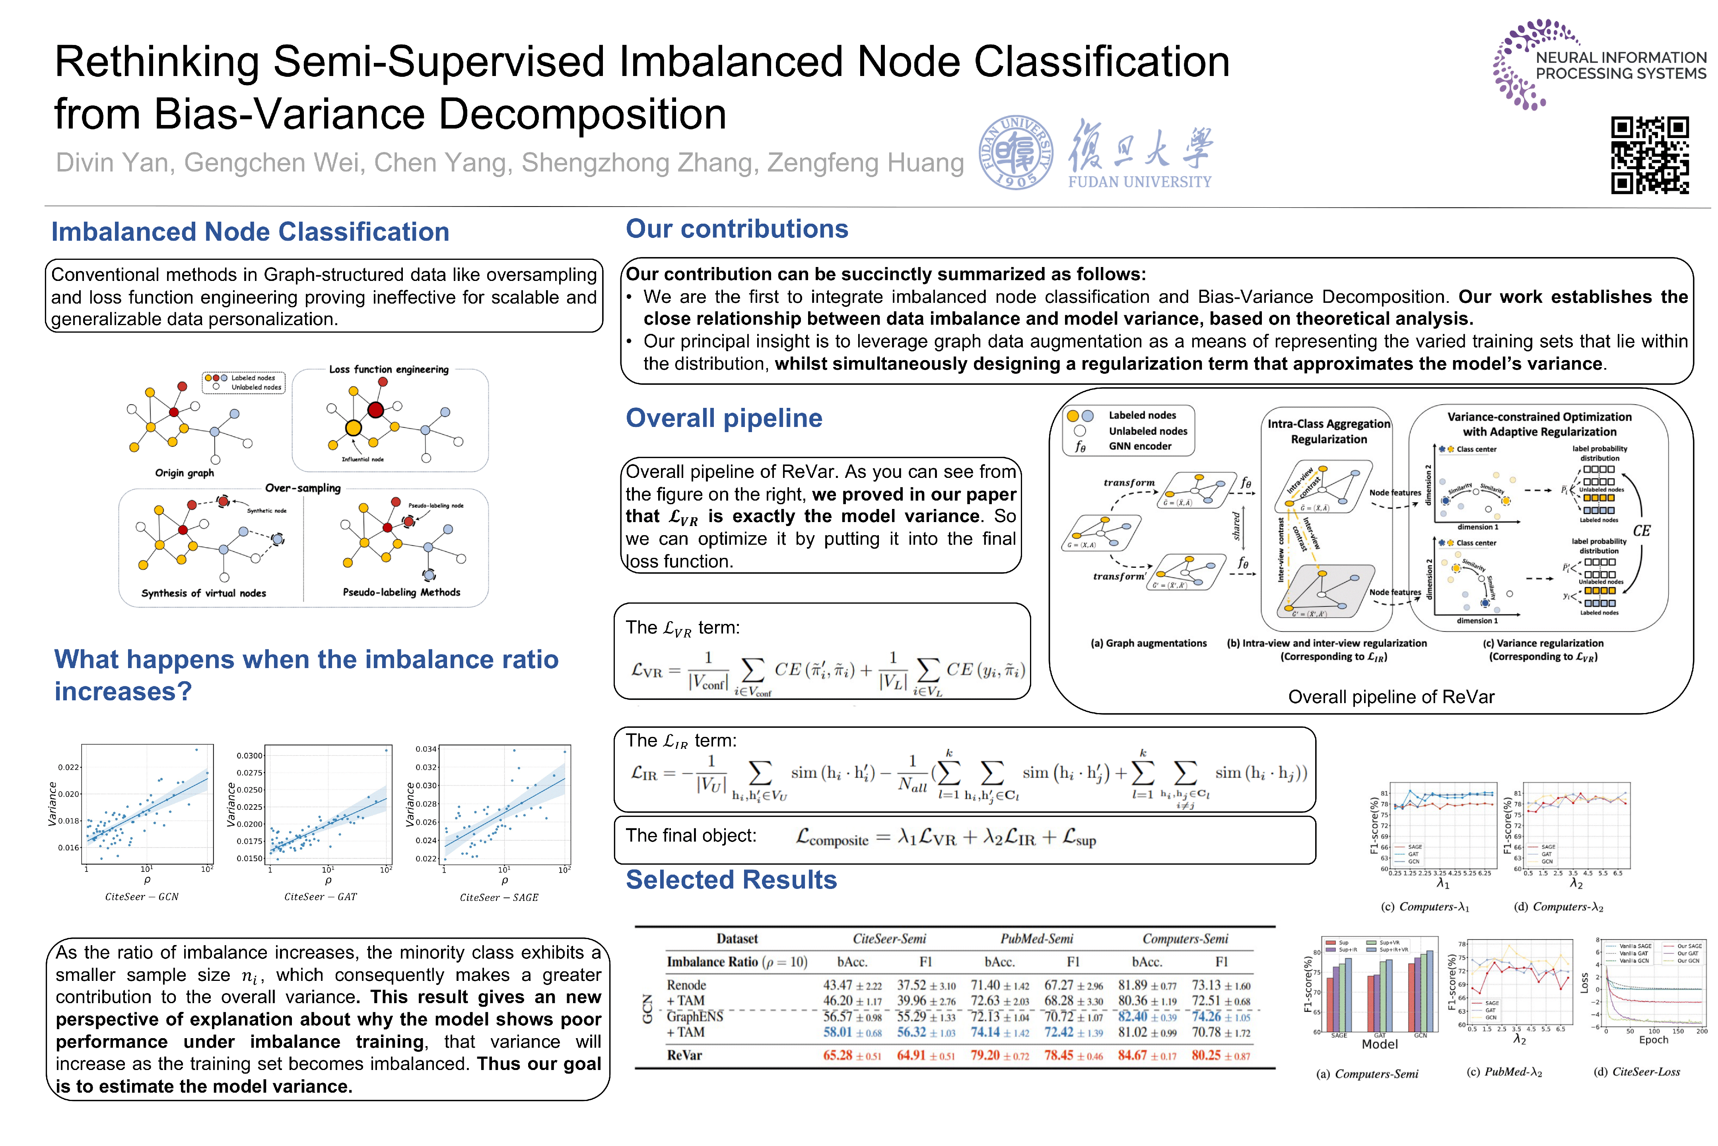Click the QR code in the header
pos(1649,155)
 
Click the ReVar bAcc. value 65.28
pos(838,1055)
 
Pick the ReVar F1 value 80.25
pos(1206,1055)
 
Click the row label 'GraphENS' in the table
pos(695,1017)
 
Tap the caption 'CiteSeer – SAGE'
pos(499,898)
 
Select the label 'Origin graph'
pos(184,473)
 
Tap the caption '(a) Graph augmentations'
pos(1148,643)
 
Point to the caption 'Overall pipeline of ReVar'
pos(1391,696)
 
